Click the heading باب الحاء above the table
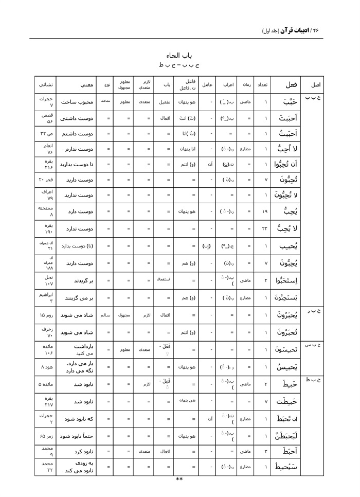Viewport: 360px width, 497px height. point(179,55)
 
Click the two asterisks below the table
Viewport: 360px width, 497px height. point(179,479)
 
